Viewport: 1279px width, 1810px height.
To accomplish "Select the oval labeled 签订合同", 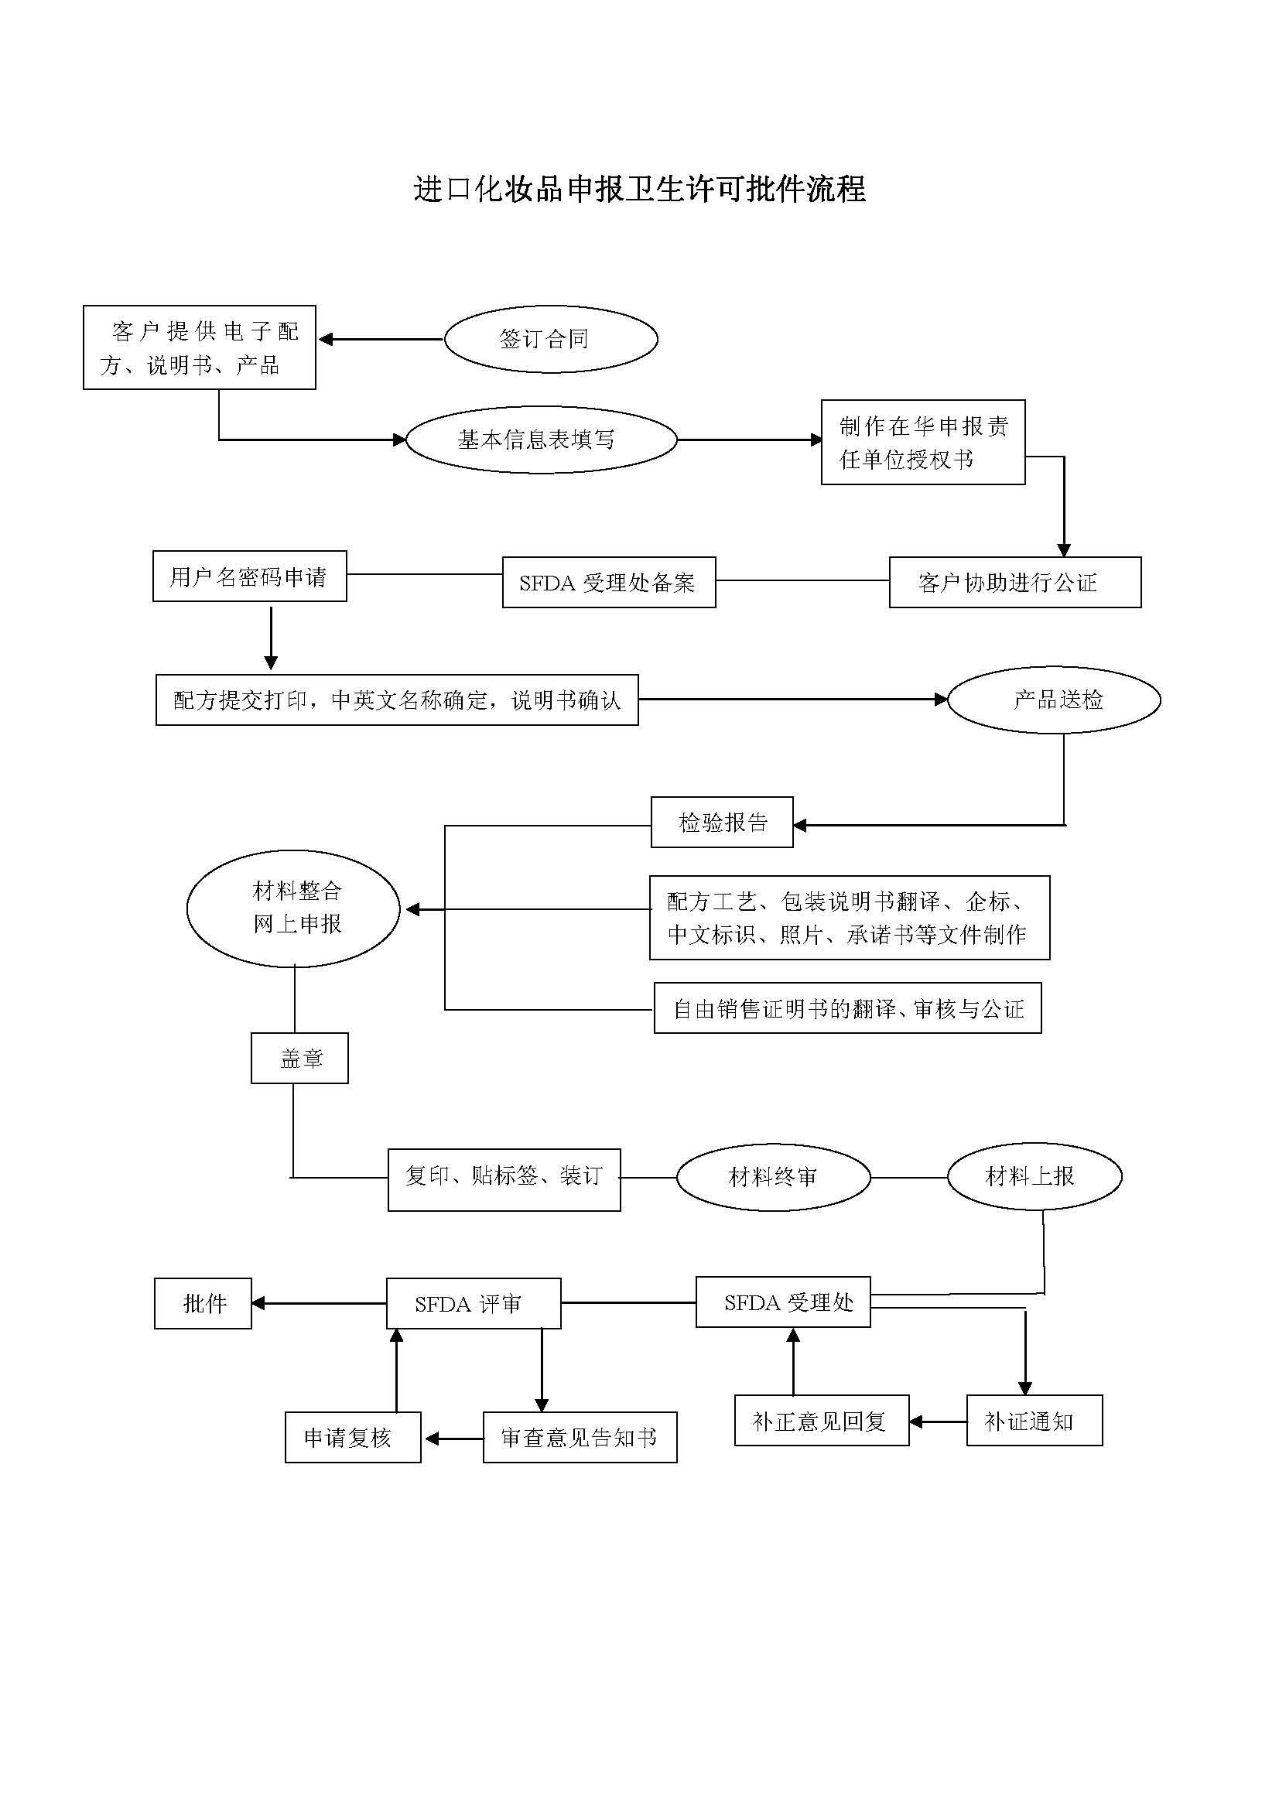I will (x=551, y=339).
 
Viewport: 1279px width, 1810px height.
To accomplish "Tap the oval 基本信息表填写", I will (x=541, y=440).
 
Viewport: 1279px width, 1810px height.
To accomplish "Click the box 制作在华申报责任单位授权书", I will (x=923, y=443).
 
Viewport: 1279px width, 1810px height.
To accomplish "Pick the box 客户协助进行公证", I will (x=1014, y=583).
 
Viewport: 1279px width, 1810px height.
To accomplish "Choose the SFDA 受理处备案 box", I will (x=608, y=583).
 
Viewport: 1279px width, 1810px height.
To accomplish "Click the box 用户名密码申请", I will (x=249, y=577).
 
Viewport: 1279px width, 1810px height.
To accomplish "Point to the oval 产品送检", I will (x=1054, y=700).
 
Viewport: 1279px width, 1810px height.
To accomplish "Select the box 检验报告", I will (x=721, y=823).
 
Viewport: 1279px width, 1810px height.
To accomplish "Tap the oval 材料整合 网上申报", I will (x=293, y=908).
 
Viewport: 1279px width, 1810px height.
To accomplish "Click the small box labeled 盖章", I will (x=299, y=1058).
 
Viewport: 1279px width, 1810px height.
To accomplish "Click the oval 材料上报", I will (x=1034, y=1177).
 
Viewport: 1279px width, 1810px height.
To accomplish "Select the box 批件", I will (x=203, y=1304).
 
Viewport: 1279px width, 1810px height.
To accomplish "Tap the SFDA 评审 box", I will (x=473, y=1304).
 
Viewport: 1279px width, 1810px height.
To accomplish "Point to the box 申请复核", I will (x=352, y=1437).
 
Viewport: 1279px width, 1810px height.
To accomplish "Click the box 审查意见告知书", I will (x=580, y=1437).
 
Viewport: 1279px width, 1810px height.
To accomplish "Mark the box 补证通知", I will (x=1034, y=1421).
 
